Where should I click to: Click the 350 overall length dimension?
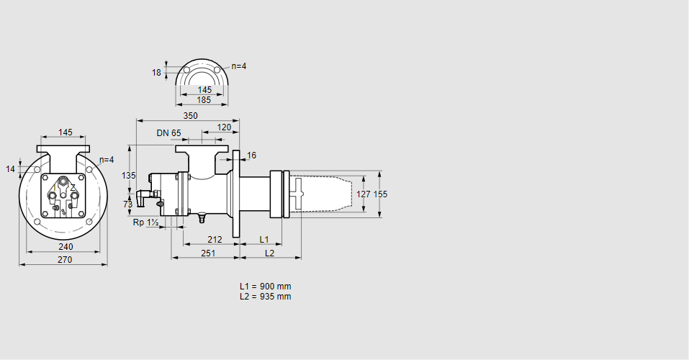[x=190, y=116]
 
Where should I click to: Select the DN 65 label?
[x=168, y=132]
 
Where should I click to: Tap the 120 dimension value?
[x=224, y=127]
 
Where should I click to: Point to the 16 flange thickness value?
[x=251, y=156]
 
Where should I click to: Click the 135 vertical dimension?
[x=129, y=176]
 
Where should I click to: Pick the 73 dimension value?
[x=128, y=204]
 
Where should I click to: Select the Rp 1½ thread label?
[x=146, y=222]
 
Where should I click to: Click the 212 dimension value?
[x=215, y=240]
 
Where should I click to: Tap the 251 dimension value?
[x=208, y=253]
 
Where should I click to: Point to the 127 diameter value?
[x=364, y=194]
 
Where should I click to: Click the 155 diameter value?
[x=381, y=194]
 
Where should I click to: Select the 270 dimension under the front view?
[x=65, y=260]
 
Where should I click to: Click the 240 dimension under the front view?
[x=66, y=247]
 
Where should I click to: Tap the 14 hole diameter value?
[x=11, y=168]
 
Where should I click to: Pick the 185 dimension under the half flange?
[x=204, y=100]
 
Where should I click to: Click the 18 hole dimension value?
[x=156, y=73]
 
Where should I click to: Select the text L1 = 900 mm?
[x=266, y=286]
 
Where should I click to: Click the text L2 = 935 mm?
[x=266, y=296]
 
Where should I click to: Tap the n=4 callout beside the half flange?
[x=239, y=66]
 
